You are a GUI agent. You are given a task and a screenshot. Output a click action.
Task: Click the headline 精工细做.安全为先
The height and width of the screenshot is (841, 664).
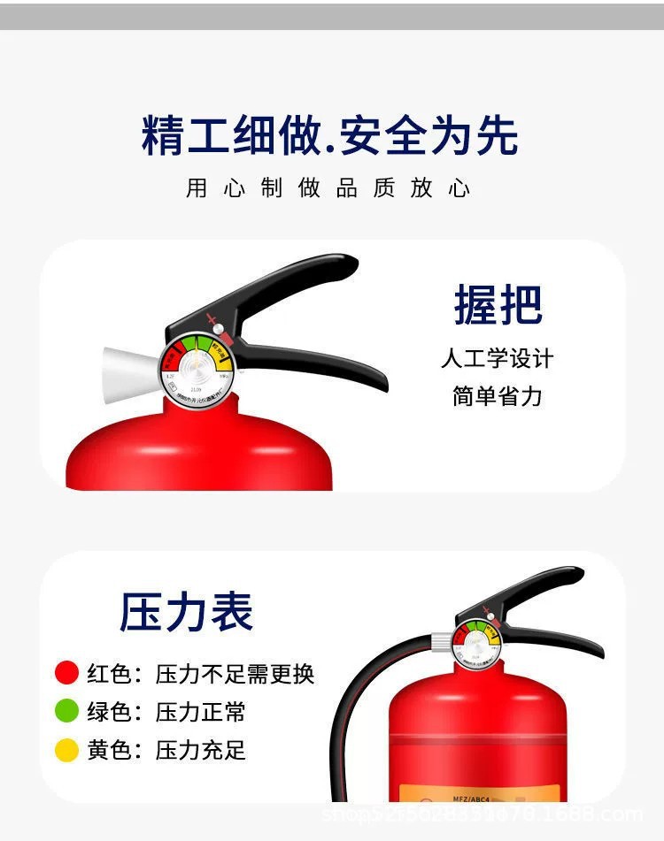point(329,135)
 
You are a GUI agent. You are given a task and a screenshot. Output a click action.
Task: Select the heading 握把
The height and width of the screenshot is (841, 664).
point(498,305)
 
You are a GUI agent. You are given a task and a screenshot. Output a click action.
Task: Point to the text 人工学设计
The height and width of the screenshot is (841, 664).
point(498,358)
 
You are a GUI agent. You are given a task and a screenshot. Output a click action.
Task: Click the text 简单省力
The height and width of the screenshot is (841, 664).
point(498,396)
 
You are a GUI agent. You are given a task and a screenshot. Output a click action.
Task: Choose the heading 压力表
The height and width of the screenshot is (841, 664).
point(187,612)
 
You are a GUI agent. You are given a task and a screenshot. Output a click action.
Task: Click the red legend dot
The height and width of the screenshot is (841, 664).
point(67,673)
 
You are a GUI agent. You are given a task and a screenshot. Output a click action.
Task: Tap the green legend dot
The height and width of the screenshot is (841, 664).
point(67,711)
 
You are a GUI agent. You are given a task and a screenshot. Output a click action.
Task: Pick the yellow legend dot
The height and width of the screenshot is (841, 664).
point(67,750)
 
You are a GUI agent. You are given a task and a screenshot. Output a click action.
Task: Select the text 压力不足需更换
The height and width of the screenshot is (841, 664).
point(235,674)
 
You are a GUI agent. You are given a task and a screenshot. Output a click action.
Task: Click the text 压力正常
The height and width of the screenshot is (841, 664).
point(201,712)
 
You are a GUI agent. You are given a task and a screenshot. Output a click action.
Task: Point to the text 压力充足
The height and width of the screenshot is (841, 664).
point(201,751)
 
